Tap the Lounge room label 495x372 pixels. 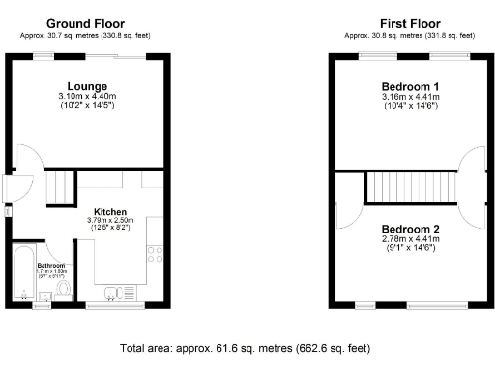[x=87, y=86]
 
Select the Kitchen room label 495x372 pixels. [x=109, y=211]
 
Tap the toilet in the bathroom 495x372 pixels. [x=64, y=288]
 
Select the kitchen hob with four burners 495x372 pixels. [x=154, y=255]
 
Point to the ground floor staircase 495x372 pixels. [x=63, y=187]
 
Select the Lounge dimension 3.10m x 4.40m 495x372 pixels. [x=87, y=97]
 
